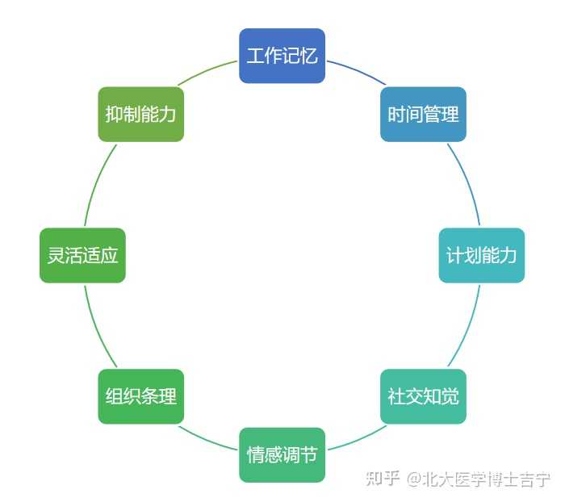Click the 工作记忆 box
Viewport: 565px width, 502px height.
click(282, 56)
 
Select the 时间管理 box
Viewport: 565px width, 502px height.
click(423, 114)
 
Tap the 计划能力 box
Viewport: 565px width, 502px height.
click(481, 255)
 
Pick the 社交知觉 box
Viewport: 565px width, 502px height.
click(423, 396)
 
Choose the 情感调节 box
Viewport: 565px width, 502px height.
click(282, 454)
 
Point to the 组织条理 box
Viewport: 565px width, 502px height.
click(141, 396)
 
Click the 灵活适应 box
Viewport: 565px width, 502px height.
click(82, 255)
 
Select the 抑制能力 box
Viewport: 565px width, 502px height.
click(141, 114)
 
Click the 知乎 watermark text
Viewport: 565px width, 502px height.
click(383, 479)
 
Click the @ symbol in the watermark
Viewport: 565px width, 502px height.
click(413, 479)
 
